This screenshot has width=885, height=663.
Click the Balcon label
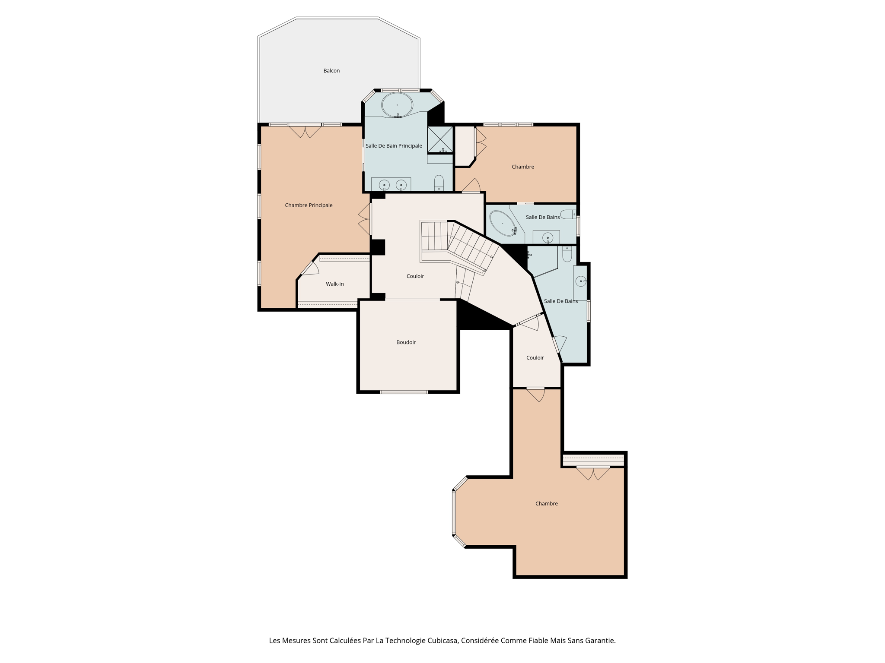331,71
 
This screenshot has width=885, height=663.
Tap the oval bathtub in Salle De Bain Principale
397,104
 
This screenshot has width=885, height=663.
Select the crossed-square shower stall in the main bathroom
440,139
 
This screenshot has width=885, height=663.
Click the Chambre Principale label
309,205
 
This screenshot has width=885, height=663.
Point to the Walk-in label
334,284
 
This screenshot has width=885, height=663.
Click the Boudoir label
406,342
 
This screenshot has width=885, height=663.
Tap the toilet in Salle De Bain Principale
439,182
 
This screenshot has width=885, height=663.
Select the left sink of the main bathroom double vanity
384,185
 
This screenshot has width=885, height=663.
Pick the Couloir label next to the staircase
415,276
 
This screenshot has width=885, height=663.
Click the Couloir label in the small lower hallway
535,358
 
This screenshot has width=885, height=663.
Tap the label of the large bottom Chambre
546,504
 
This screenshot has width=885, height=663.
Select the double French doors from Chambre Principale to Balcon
305,130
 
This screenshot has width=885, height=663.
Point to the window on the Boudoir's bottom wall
404,392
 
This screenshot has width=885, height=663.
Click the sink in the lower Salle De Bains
580,281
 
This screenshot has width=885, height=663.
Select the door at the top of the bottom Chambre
536,394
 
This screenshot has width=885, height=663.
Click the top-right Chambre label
522,167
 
